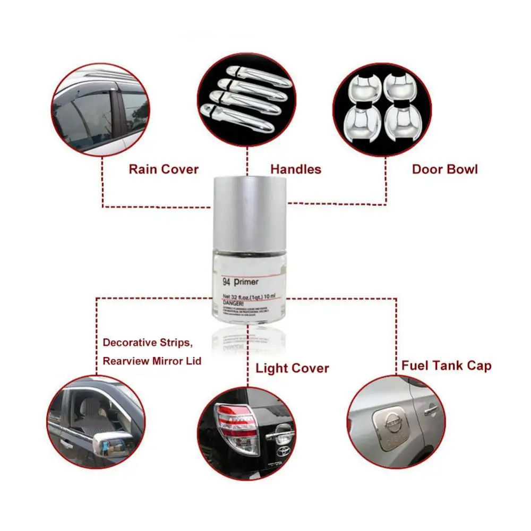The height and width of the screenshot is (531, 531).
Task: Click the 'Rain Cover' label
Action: coord(164,169)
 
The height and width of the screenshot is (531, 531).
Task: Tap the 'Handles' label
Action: coord(296,169)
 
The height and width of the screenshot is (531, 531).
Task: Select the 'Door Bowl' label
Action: coord(445,169)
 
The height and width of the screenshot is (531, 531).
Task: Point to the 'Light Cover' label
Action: coord(292,368)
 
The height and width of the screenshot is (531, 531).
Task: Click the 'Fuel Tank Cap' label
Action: coord(446,365)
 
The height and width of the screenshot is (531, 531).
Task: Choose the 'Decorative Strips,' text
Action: coord(145,342)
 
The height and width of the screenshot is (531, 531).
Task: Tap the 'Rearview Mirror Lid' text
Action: coord(152,361)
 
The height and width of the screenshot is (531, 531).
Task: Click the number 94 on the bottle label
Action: coord(227,282)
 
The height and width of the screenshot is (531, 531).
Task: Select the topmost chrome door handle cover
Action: coord(250,73)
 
